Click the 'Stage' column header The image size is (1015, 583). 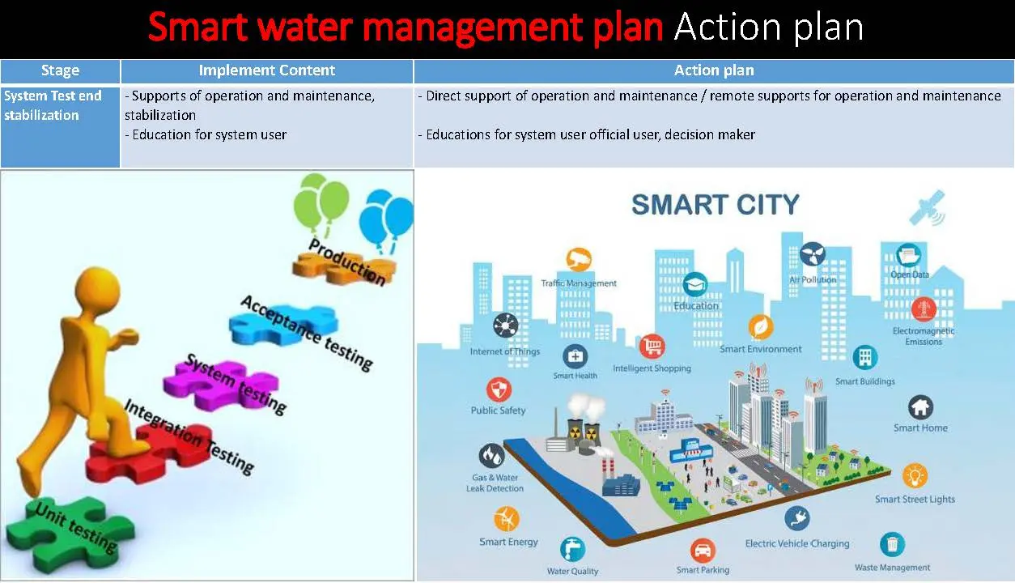(60, 70)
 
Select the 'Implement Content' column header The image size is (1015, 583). (266, 70)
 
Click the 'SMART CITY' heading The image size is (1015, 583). (716, 203)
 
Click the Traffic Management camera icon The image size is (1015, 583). (578, 260)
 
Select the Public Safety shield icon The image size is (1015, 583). (499, 389)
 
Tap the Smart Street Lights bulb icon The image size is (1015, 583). (915, 475)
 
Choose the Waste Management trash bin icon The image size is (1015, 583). (892, 544)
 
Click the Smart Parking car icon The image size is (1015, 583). (703, 551)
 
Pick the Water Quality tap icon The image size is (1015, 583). (572, 548)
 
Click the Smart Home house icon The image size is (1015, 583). (920, 406)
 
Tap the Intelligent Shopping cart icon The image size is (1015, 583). (652, 347)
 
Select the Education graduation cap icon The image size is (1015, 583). (695, 284)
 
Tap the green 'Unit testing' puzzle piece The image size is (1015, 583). (69, 530)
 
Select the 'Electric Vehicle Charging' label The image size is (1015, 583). (797, 543)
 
